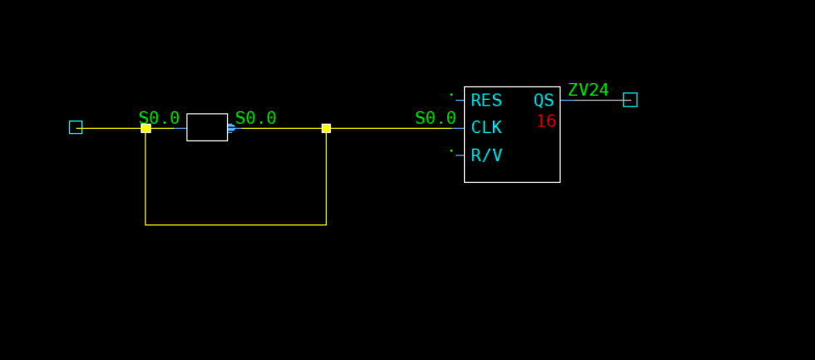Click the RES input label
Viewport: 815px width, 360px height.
click(486, 101)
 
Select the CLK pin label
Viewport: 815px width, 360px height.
click(486, 128)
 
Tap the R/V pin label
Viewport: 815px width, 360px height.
click(486, 155)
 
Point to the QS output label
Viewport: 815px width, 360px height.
click(544, 101)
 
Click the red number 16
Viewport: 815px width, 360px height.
click(546, 121)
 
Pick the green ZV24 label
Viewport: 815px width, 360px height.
click(588, 90)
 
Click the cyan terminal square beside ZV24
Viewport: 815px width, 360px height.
click(630, 100)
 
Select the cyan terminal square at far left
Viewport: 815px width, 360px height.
click(76, 127)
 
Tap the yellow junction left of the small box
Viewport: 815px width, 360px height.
click(146, 128)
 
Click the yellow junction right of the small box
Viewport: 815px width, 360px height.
click(326, 128)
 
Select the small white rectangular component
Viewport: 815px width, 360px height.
click(207, 127)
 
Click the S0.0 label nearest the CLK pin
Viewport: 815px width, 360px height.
click(435, 118)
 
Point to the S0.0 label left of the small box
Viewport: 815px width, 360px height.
click(159, 118)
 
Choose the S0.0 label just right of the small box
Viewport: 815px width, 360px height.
click(255, 118)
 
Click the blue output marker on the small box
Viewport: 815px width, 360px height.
click(231, 128)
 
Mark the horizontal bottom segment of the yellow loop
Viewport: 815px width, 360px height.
click(235, 224)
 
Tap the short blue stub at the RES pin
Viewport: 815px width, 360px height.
click(459, 101)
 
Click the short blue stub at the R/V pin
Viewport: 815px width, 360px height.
click(459, 155)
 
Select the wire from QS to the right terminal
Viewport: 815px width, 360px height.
click(591, 101)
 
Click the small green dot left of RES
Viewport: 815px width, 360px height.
click(452, 94)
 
